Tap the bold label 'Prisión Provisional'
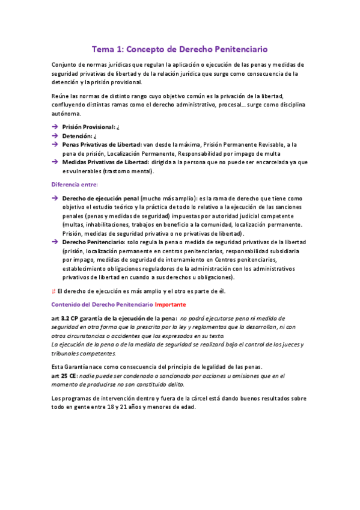(x=88, y=127)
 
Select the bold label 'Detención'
(x=78, y=137)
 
